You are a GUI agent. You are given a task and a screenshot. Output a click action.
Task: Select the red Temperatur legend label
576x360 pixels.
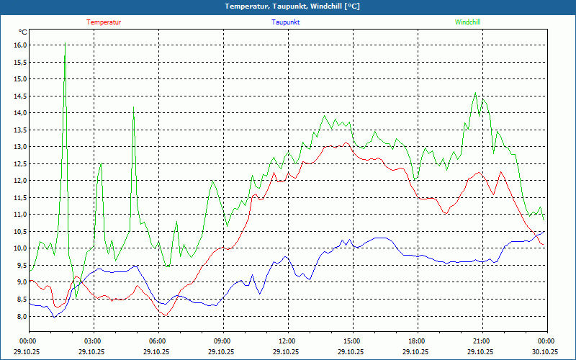pos(104,22)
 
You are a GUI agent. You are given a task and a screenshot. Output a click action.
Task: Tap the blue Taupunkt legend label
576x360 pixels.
pos(286,22)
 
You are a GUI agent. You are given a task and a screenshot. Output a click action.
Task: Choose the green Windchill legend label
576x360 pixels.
pos(467,22)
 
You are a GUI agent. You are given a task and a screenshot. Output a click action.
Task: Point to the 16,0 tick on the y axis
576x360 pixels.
pos(20,45)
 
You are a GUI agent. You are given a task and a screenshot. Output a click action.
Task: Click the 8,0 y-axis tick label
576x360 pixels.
pos(21,316)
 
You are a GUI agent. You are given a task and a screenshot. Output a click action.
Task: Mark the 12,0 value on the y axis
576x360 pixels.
pos(20,181)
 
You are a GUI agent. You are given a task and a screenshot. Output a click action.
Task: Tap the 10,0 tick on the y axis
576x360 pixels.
pos(20,248)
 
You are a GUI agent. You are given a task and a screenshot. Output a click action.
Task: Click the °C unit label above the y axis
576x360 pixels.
pos(23,32)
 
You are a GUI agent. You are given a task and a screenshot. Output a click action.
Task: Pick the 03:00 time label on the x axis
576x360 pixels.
pos(93,341)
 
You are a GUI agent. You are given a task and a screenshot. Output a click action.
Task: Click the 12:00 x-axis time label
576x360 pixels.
pos(287,341)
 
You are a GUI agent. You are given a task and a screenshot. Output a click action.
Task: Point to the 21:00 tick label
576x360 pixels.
pos(482,341)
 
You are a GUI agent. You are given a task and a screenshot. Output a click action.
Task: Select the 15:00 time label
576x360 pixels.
pos(352,341)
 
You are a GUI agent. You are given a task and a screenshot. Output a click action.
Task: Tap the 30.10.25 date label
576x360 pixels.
pos(546,352)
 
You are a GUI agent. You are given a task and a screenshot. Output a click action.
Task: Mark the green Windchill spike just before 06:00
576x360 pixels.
pos(133,108)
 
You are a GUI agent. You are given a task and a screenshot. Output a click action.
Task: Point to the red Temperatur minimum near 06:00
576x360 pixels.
pos(166,315)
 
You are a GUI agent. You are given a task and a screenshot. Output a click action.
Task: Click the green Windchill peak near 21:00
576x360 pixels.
pos(475,93)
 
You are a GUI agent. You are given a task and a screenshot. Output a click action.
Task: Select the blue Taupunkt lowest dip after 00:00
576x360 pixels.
pos(53,317)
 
